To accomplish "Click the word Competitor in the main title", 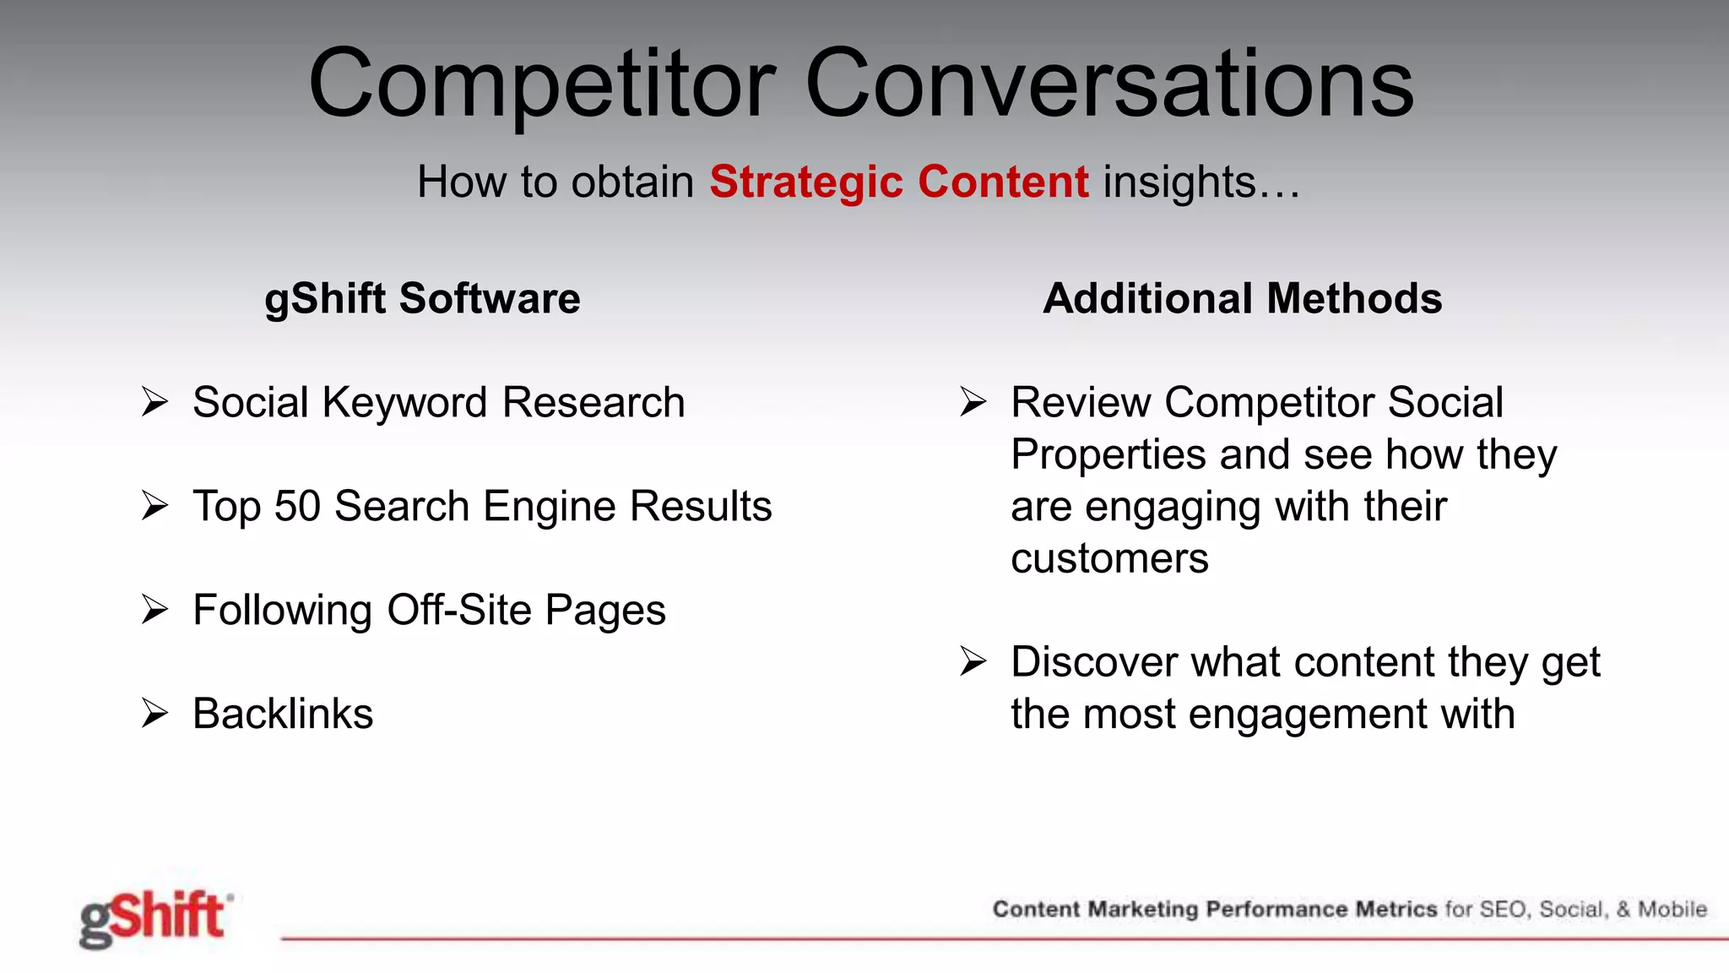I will (541, 84).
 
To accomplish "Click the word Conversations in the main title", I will (1109, 84).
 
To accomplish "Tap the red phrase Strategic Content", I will (898, 182).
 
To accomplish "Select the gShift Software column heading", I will (422, 298).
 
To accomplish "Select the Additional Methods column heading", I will (1242, 298).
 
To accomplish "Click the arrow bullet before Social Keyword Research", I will (155, 402).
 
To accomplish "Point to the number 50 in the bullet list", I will (297, 506).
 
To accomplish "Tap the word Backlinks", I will (283, 714).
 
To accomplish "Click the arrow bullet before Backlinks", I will (155, 714).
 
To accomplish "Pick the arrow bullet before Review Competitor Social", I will (973, 402).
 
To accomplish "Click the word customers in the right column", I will (1109, 558).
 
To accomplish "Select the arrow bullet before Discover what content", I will (973, 661).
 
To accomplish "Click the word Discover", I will (1093, 661).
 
